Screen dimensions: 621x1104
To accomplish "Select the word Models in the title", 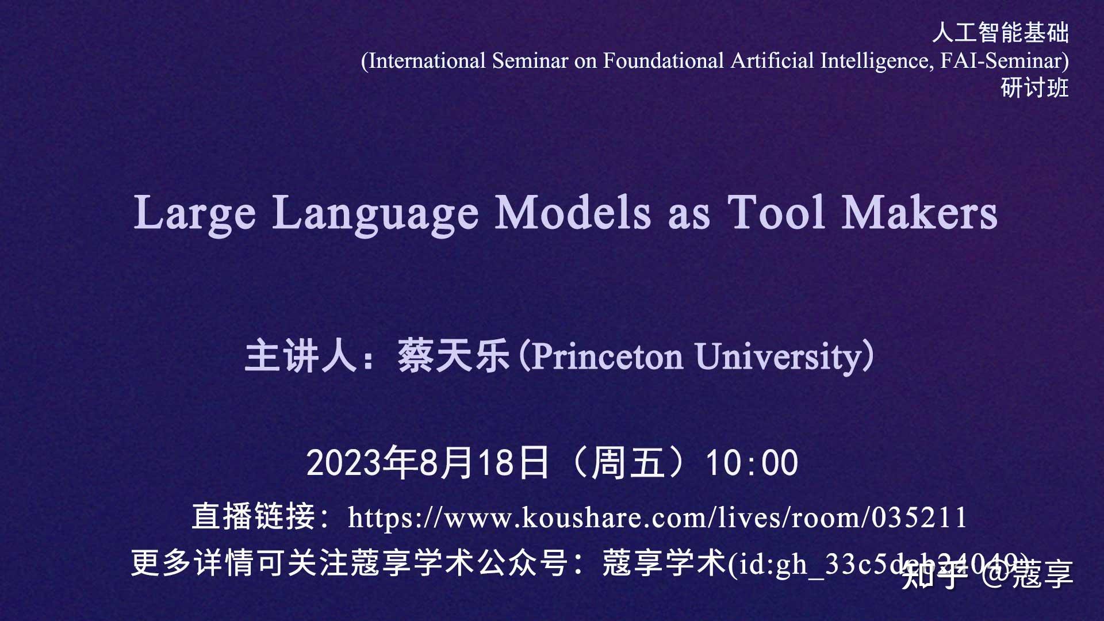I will tap(573, 213).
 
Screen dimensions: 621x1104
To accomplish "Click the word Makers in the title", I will tap(919, 213).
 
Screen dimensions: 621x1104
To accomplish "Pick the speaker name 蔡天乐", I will tap(454, 356).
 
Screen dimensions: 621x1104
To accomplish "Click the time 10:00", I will tap(752, 463).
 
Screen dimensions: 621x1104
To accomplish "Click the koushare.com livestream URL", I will tap(657, 517).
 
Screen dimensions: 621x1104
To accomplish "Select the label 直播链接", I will tap(253, 516).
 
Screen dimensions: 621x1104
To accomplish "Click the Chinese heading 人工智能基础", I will tap(1000, 33).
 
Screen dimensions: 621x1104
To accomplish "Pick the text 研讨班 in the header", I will tap(1034, 88).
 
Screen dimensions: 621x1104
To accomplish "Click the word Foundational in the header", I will tap(663, 61).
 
